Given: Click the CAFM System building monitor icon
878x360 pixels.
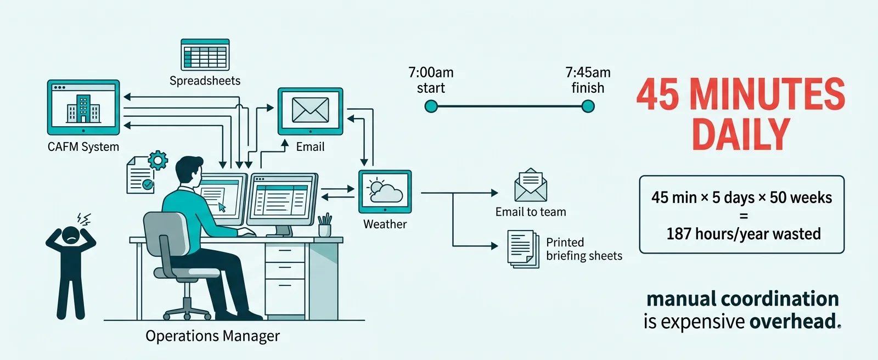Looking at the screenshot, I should click(x=83, y=107).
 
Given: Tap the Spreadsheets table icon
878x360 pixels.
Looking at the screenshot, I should click(x=205, y=55).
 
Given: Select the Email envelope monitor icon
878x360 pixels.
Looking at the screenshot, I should click(x=310, y=110).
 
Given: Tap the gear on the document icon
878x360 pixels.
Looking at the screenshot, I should click(x=158, y=160).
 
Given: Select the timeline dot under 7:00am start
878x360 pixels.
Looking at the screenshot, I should click(x=431, y=106).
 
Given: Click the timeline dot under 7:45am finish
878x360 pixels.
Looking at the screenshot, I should click(x=588, y=106).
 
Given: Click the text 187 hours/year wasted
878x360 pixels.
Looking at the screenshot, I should click(x=743, y=234).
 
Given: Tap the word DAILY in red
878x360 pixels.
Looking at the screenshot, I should click(x=740, y=134).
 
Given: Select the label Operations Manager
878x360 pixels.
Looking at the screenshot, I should click(x=212, y=336).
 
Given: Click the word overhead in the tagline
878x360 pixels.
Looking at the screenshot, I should click(x=793, y=322).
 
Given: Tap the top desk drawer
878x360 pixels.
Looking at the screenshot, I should click(x=284, y=252).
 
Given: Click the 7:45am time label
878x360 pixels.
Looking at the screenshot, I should click(x=588, y=72).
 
